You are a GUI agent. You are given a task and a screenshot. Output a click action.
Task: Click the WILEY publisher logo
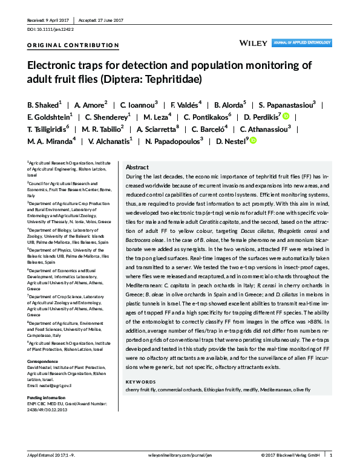coord(253,43)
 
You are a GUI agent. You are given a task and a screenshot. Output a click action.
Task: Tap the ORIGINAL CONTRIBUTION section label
coord(73,45)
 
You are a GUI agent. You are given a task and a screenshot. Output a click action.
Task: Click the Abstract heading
coord(137,167)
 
